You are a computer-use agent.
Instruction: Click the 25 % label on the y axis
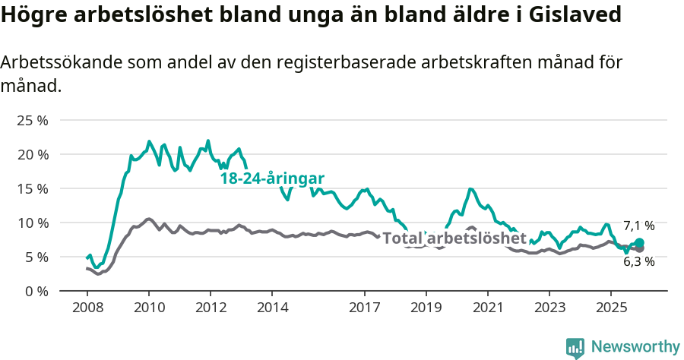pos(32,120)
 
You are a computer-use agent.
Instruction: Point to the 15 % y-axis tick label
pos(32,188)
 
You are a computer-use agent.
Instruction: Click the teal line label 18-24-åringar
pos(272,178)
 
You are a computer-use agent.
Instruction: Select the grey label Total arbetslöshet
pos(454,238)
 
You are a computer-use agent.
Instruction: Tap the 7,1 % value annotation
pos(638,226)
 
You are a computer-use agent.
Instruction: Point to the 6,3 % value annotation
pos(638,261)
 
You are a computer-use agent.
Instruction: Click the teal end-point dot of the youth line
pos(639,243)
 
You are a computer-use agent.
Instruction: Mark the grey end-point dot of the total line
pos(639,248)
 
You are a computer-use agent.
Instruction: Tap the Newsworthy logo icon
pos(575,347)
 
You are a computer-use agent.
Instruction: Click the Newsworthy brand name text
pos(635,347)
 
